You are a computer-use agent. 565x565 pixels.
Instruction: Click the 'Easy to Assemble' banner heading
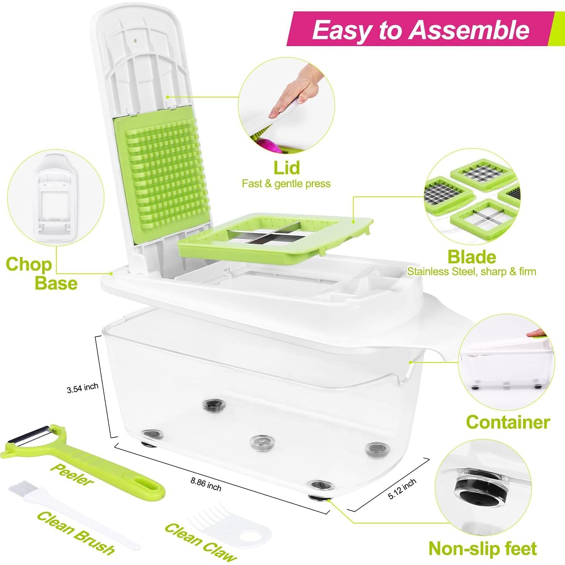[x=420, y=30]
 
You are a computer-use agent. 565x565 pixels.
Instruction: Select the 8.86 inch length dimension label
[x=206, y=484]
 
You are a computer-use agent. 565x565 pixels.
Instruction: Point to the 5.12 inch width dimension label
[x=402, y=489]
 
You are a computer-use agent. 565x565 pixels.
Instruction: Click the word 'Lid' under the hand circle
[x=286, y=168]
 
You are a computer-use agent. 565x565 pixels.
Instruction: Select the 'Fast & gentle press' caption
[x=286, y=184]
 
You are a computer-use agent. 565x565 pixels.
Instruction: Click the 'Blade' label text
[x=471, y=257]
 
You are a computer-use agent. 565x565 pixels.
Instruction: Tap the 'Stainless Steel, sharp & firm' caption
[x=471, y=272]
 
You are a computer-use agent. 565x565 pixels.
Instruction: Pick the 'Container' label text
[x=508, y=422]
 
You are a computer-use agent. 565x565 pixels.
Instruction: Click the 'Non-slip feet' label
[x=482, y=549]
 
